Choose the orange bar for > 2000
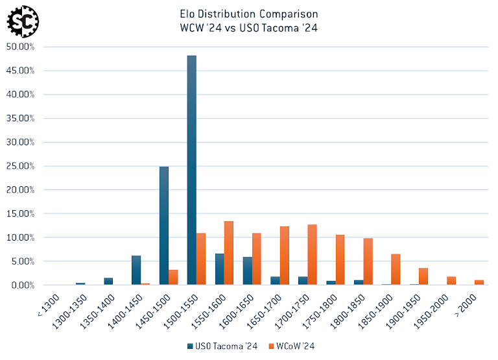[479, 282]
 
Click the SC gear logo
[22, 21]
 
